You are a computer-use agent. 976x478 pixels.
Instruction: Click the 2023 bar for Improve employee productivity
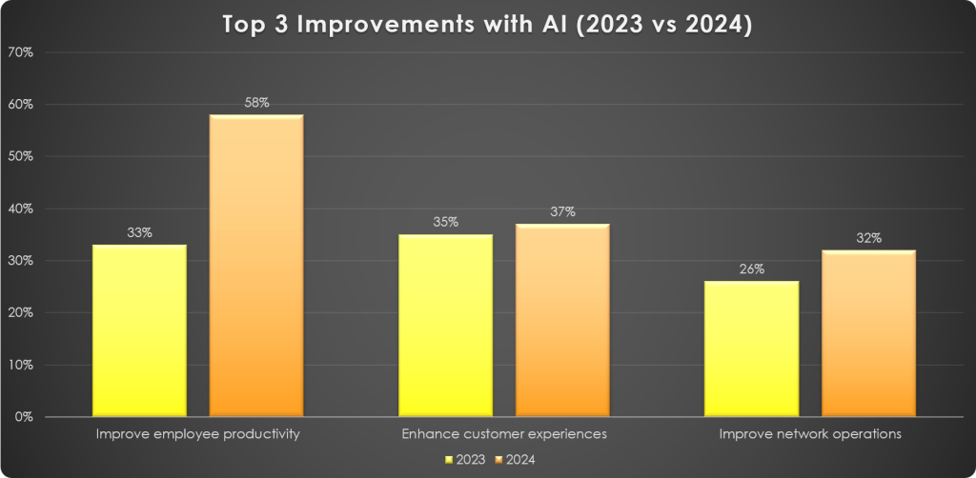tap(140, 330)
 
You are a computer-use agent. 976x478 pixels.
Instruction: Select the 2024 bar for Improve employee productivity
tap(256, 266)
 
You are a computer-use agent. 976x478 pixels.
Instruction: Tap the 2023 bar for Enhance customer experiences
tap(446, 325)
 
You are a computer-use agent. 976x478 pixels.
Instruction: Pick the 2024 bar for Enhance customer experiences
tap(562, 320)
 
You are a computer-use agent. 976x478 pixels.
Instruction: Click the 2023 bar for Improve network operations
tap(752, 349)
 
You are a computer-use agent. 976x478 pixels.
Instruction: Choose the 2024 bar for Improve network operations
tap(868, 333)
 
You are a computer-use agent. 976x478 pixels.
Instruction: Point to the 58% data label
tap(256, 103)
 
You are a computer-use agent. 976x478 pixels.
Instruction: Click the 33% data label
tap(140, 232)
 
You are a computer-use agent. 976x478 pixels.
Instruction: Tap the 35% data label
tap(446, 222)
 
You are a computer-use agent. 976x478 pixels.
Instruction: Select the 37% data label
tap(562, 211)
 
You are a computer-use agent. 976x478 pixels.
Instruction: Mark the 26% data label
tap(752, 269)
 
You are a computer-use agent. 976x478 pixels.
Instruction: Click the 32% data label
tap(868, 238)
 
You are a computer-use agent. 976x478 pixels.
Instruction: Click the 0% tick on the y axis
tap(24, 417)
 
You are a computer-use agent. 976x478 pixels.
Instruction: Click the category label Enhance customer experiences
tap(504, 434)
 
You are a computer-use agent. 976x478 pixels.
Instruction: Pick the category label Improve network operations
tap(810, 434)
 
